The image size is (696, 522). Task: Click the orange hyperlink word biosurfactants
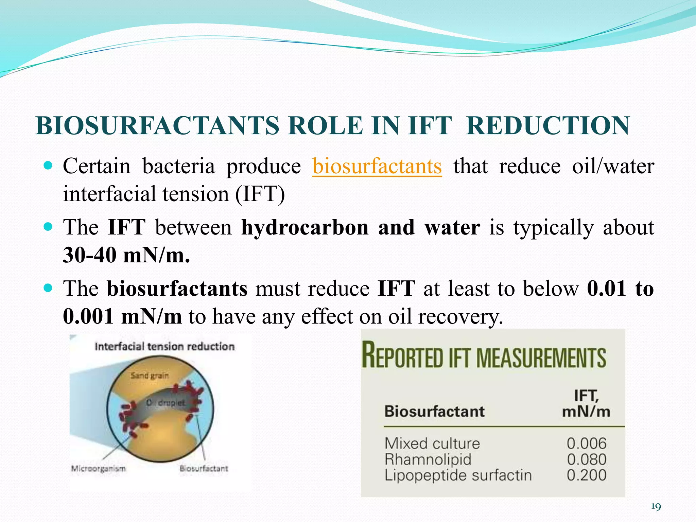[x=377, y=167]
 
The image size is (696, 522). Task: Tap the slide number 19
[x=656, y=507]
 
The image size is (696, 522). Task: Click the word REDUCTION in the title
[x=548, y=126]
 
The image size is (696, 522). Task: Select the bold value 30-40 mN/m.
[x=126, y=255]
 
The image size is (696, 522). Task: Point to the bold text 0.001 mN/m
[x=122, y=316]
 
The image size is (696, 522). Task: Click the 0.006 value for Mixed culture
[x=586, y=443]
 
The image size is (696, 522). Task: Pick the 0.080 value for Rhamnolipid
[x=586, y=459]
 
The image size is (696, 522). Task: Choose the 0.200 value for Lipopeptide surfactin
[x=586, y=475]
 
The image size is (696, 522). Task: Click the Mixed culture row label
[x=432, y=443]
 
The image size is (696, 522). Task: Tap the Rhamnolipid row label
[x=428, y=459]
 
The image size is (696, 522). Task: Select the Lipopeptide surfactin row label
[x=458, y=475]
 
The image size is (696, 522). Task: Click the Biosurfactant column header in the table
[x=434, y=412]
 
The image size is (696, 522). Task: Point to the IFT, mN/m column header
[x=586, y=404]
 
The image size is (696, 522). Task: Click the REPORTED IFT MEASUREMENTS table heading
[x=483, y=357]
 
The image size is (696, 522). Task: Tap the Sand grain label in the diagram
[x=150, y=376]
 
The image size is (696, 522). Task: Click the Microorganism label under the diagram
[x=98, y=469]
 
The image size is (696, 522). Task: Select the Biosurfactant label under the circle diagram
[x=204, y=469]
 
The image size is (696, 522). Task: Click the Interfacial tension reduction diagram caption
[x=164, y=347]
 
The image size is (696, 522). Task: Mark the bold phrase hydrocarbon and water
[x=361, y=227]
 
